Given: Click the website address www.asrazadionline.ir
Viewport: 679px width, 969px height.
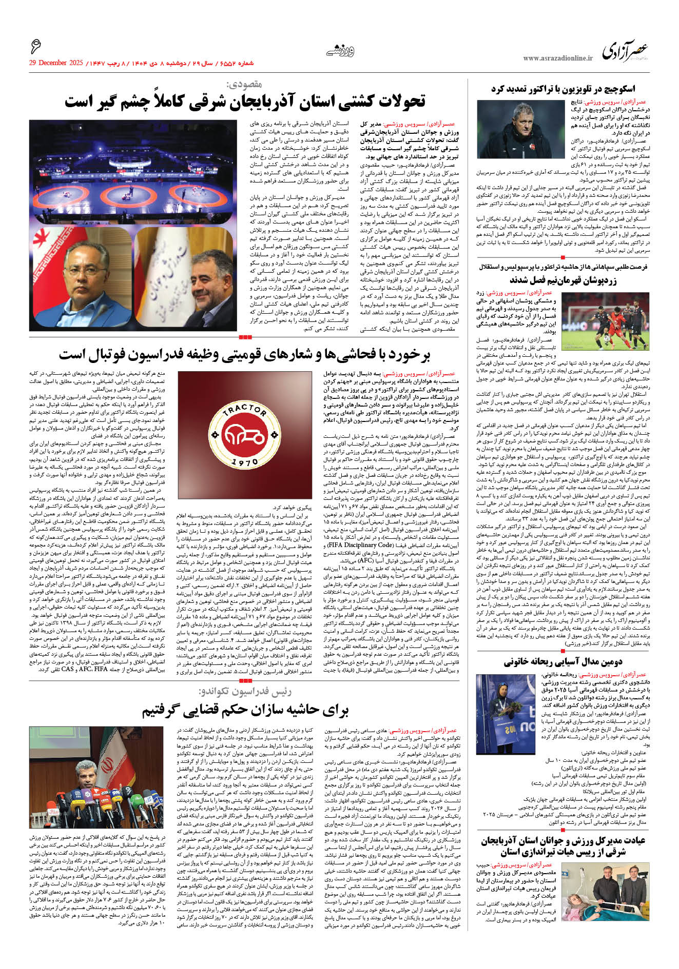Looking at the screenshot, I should coord(557,58).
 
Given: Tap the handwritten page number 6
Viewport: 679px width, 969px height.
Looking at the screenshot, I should coord(36,47).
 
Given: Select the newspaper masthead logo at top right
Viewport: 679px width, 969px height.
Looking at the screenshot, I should coord(625,51).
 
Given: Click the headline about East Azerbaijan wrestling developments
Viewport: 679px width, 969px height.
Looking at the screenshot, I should coord(245,101).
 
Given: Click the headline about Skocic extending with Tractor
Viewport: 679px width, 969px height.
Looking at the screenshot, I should coord(563,89).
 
